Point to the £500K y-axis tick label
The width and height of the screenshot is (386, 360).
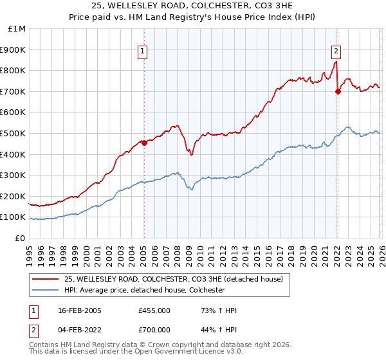coord(15,133)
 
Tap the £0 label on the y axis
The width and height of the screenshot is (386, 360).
coord(21,238)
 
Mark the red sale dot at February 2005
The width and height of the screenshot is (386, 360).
coord(143,143)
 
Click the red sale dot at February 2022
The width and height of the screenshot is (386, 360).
coord(338,92)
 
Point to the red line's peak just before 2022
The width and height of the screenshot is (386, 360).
coord(335,62)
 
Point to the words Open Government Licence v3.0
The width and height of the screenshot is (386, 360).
coord(169,352)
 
